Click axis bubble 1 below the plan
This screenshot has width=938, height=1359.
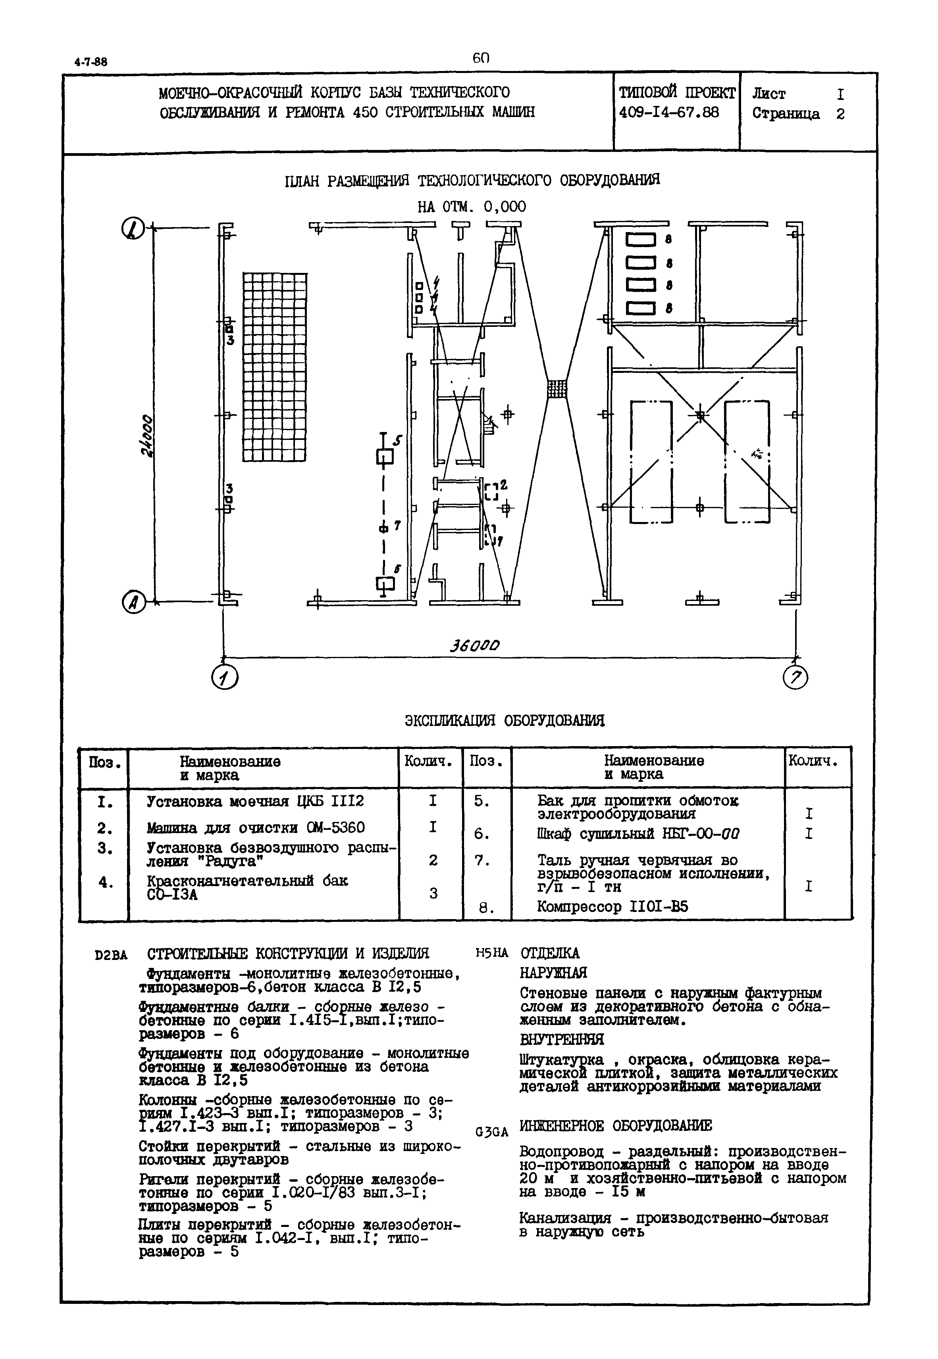tap(224, 679)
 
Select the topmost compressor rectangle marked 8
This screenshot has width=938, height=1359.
tap(640, 240)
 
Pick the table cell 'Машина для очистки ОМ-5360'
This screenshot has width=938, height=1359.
tap(256, 827)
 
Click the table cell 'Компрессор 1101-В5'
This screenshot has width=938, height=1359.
tap(612, 907)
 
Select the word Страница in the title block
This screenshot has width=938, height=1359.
tap(786, 113)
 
